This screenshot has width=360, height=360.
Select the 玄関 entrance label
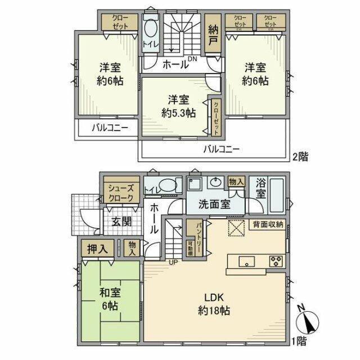pyautogui.click(x=120, y=220)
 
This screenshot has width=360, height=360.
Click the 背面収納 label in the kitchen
pyautogui.click(x=268, y=224)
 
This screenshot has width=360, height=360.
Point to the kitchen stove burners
pyautogui.click(x=276, y=260)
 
